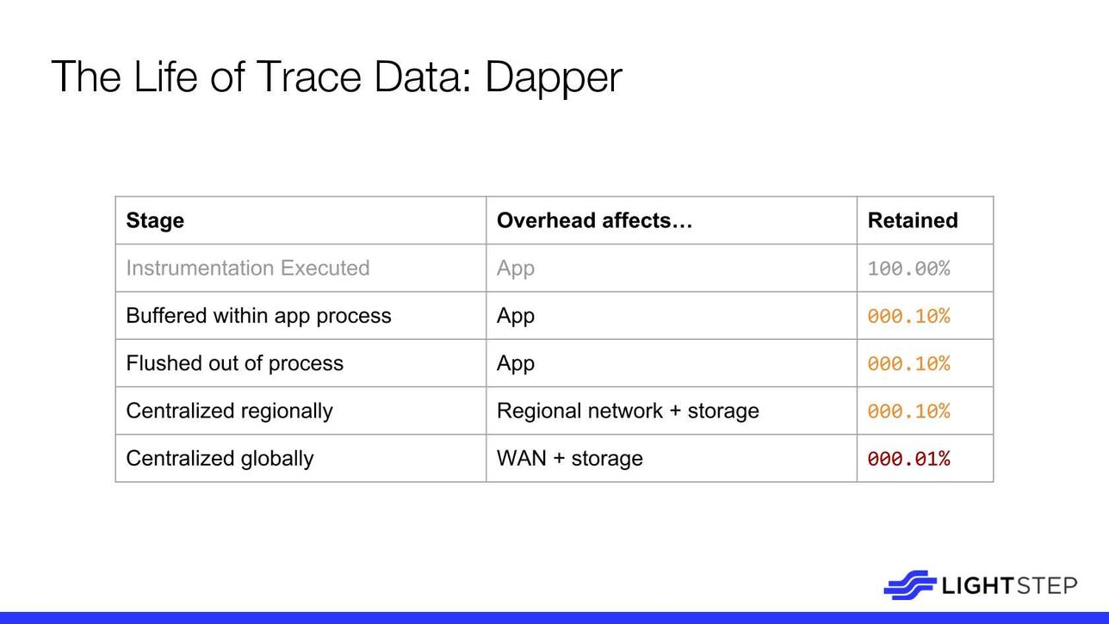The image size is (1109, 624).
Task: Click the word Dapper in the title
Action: pyautogui.click(x=553, y=78)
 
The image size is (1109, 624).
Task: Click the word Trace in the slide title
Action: pyautogui.click(x=309, y=77)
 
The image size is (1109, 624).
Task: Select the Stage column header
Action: pyautogui.click(x=155, y=220)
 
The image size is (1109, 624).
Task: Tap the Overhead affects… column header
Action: pyautogui.click(x=594, y=220)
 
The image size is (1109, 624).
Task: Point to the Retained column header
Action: pyautogui.click(x=913, y=220)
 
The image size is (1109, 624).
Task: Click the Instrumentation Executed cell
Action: pyautogui.click(x=248, y=268)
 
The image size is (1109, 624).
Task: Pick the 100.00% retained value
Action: pyautogui.click(x=908, y=269)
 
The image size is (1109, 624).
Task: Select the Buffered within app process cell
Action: pyautogui.click(x=258, y=316)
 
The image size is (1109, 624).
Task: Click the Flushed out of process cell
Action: pyautogui.click(x=235, y=363)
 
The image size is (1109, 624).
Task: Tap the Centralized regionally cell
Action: pyautogui.click(x=229, y=411)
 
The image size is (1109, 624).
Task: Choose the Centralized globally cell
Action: pyautogui.click(x=220, y=459)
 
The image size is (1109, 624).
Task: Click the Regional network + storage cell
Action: pyautogui.click(x=628, y=411)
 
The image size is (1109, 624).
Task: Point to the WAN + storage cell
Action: pyautogui.click(x=570, y=459)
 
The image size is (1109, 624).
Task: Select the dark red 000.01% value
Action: pyautogui.click(x=908, y=459)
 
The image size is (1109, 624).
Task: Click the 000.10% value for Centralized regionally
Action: pyautogui.click(x=908, y=411)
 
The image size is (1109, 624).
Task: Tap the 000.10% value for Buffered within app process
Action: pyautogui.click(x=908, y=316)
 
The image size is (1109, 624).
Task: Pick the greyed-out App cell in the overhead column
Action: pyautogui.click(x=516, y=269)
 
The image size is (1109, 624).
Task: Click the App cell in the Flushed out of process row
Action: pyautogui.click(x=516, y=364)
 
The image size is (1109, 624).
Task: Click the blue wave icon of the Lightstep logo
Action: pyautogui.click(x=910, y=585)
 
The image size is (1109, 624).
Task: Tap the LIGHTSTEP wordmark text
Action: pyautogui.click(x=1009, y=586)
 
